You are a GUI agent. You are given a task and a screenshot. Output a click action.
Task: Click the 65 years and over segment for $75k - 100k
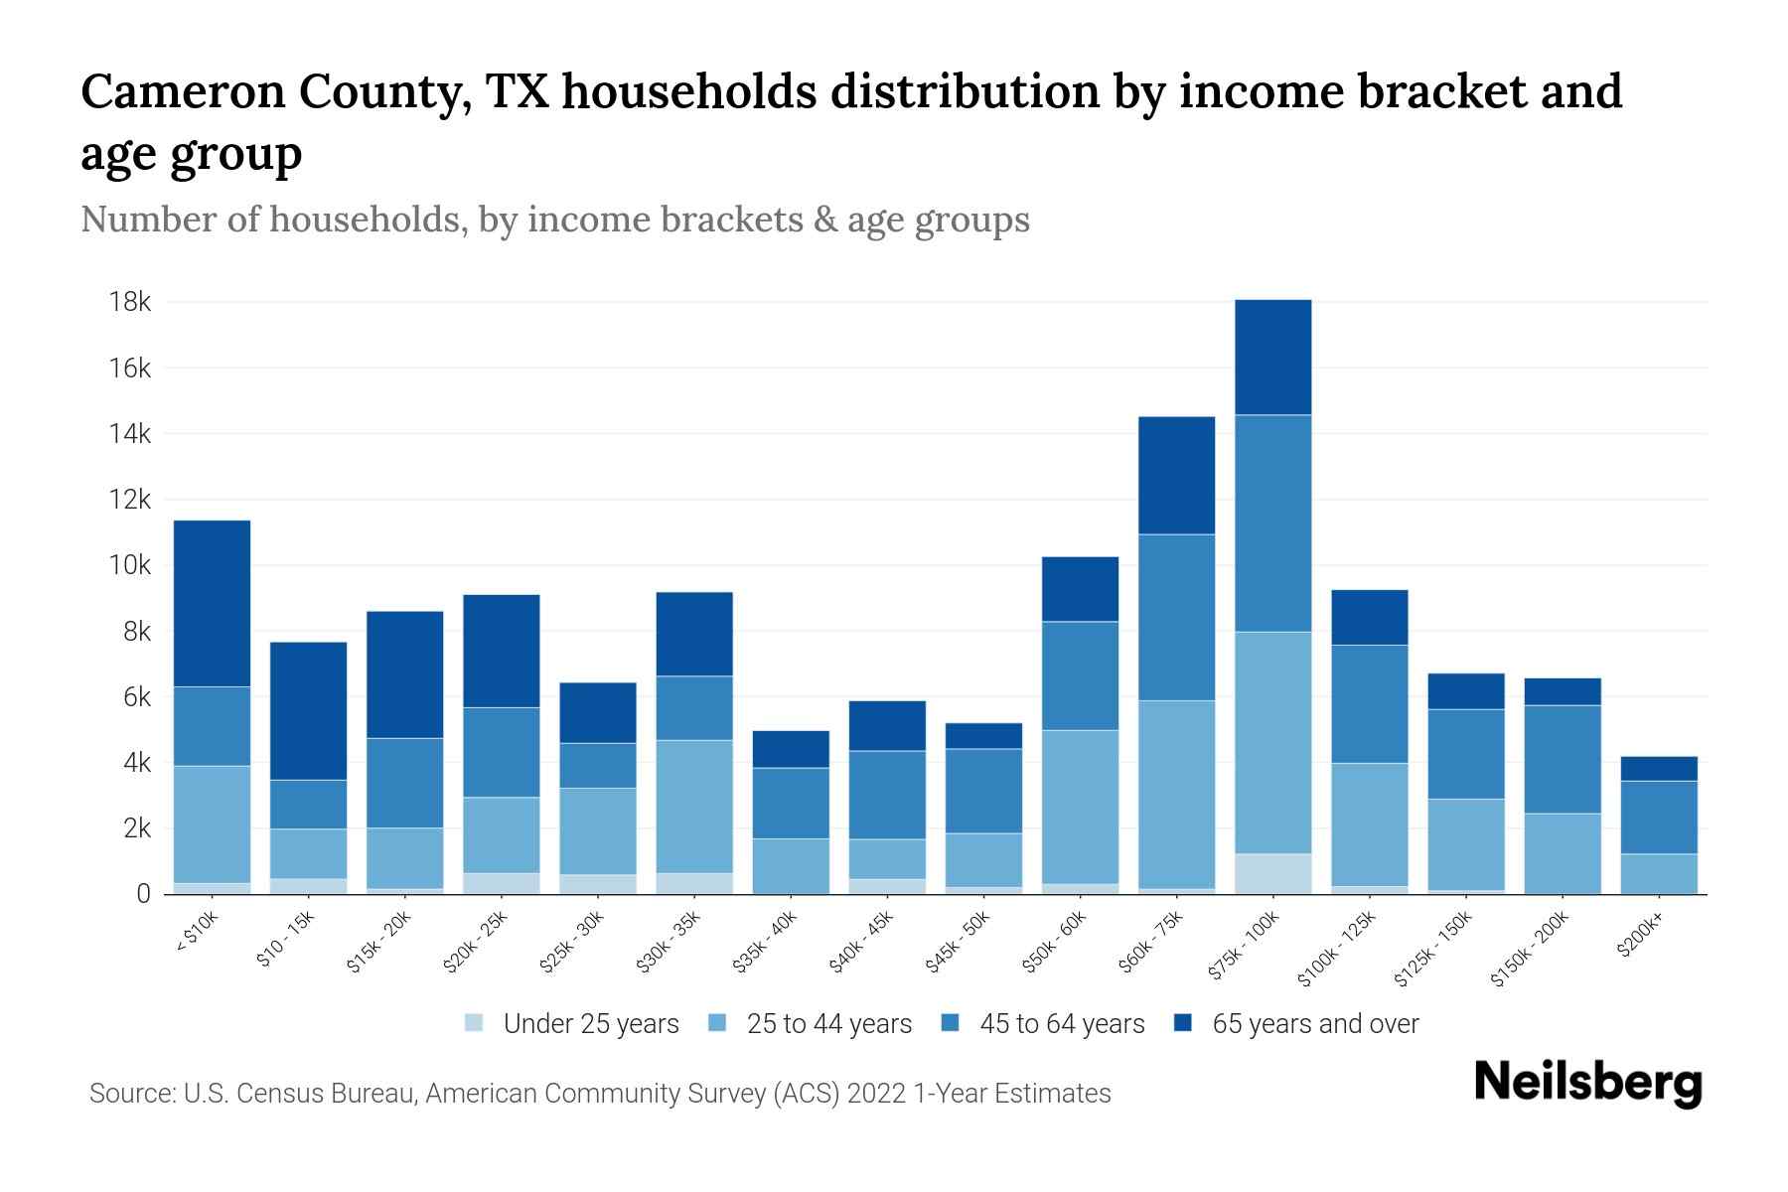pos(1272,358)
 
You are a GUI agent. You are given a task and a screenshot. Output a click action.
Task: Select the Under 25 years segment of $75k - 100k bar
pos(1272,874)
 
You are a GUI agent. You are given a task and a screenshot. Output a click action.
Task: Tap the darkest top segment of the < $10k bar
pos(212,604)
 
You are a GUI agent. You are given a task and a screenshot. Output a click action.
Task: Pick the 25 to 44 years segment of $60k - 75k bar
pos(1176,795)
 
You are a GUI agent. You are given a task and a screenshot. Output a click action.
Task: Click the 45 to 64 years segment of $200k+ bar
pos(1658,818)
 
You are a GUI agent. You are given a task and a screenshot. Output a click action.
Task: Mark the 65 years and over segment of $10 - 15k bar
pos(308,711)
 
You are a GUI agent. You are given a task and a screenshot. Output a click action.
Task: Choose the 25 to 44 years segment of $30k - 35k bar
pos(694,807)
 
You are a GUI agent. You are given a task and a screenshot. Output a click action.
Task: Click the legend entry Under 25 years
pos(590,1024)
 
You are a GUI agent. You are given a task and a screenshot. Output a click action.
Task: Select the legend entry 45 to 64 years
pos(1061,1024)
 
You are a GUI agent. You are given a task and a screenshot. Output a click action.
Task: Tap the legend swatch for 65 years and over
pos(1183,1023)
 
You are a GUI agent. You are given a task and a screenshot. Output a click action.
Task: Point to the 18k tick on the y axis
pos(130,302)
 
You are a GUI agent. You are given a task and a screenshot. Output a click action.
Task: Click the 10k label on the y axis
pos(130,565)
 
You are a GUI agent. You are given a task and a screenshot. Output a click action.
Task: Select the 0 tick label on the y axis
pos(143,894)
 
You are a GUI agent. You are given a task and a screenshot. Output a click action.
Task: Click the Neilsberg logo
pos(1587,1083)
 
